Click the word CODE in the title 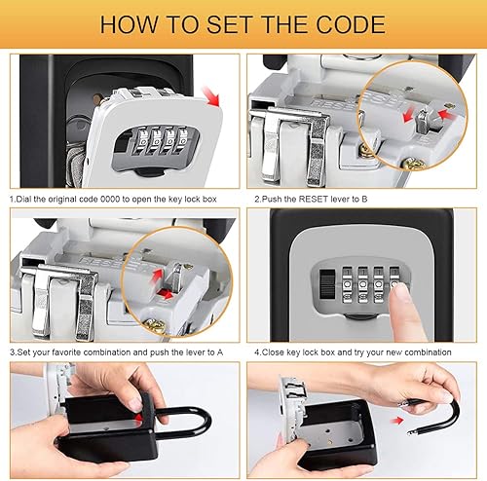tap(351, 24)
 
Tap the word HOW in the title tap(130, 24)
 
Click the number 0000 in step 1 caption tap(110, 199)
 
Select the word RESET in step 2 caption tap(313, 199)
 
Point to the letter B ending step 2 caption tap(364, 199)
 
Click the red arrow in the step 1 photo tap(211, 96)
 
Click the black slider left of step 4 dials tap(327, 283)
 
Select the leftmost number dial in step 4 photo tap(347, 285)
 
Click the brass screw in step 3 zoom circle tap(153, 324)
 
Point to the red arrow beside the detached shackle tap(396, 421)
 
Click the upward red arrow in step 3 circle tap(158, 275)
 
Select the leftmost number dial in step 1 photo tap(142, 140)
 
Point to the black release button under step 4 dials tap(360, 316)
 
